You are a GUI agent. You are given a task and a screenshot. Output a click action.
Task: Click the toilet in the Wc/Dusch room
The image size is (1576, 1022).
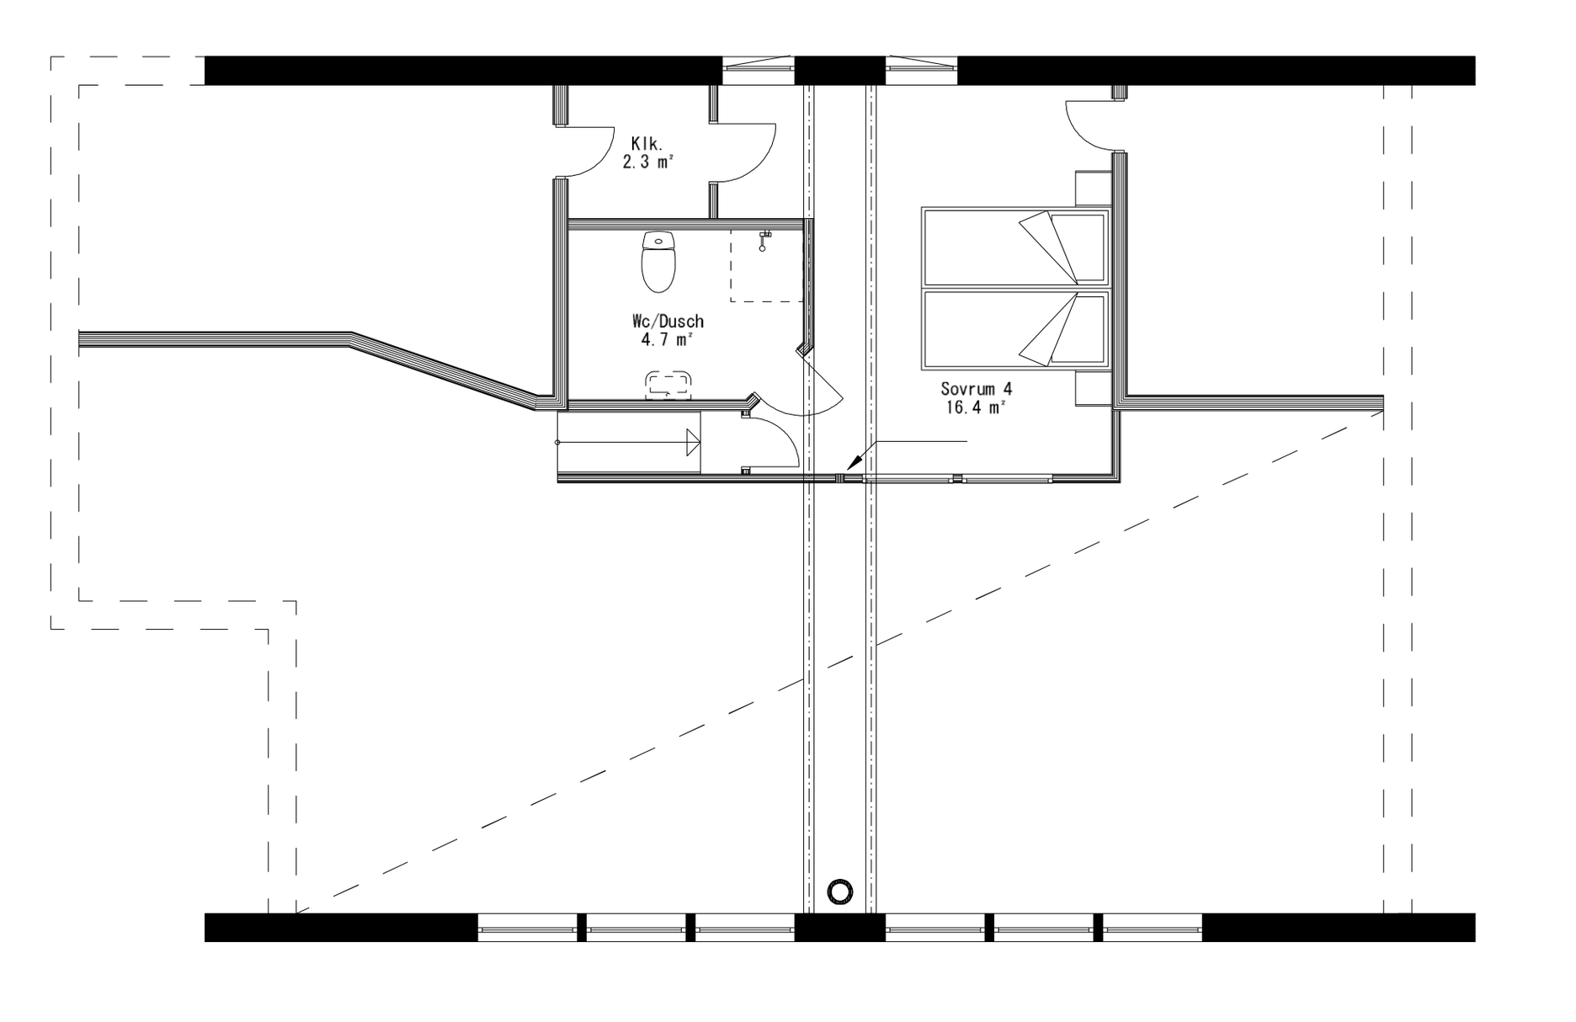[658, 262]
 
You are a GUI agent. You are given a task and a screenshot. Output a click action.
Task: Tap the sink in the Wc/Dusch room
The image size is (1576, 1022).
[668, 385]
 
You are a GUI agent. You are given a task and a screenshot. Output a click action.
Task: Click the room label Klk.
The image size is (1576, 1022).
[647, 145]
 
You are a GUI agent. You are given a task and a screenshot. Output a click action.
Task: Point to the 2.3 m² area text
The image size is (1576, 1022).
[647, 162]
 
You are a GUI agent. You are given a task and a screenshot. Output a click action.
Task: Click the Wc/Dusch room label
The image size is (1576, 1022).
[668, 322]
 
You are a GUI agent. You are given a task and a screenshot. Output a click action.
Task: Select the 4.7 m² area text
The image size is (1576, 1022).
[667, 340]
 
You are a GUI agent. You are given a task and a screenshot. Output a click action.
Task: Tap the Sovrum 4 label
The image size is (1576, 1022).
[976, 389]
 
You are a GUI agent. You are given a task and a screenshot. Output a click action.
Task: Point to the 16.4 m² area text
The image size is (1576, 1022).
[976, 407]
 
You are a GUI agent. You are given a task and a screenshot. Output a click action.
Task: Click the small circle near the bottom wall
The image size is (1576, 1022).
[839, 890]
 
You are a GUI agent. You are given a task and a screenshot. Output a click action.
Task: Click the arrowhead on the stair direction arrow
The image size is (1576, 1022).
[694, 441]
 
